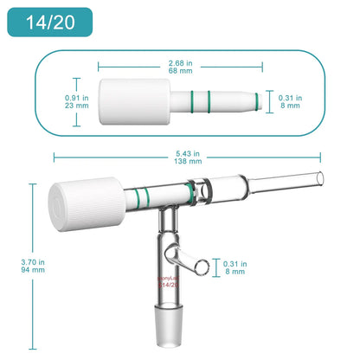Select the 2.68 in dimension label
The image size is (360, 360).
point(179,61)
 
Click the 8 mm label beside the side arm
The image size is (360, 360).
point(235,270)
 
